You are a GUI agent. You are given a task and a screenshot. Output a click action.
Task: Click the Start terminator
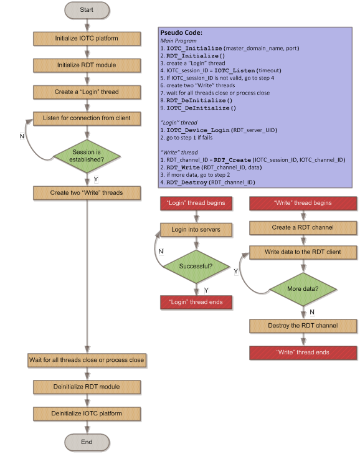[87, 10]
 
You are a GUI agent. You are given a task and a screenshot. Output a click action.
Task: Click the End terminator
[87, 442]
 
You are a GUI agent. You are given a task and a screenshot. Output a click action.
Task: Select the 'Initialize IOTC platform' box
[87, 39]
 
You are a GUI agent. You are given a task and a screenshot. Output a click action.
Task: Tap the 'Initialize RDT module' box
[87, 65]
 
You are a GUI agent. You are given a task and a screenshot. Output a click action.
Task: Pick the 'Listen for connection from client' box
[87, 118]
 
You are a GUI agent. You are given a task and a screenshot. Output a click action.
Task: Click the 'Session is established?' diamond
[87, 156]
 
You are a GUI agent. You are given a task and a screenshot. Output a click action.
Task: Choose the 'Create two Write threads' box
[87, 193]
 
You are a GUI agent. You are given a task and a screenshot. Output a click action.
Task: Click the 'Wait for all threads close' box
[87, 360]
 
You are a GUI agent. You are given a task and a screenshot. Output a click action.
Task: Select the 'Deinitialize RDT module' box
[87, 387]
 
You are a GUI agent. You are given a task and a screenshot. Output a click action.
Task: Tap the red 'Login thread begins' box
[196, 203]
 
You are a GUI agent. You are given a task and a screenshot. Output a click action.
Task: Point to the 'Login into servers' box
[196, 230]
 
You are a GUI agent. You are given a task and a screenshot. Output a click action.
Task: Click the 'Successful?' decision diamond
[196, 267]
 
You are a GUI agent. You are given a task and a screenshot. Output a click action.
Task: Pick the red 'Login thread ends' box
[196, 302]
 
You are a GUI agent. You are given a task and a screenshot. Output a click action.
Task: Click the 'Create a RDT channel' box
[303, 228]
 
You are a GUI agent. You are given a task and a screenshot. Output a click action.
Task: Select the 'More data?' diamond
[303, 289]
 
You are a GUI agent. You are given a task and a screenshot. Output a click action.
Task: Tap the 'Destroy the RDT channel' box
[303, 326]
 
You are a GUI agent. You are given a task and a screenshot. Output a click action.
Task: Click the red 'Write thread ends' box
[303, 352]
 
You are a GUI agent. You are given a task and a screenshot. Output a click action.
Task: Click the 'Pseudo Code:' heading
[181, 33]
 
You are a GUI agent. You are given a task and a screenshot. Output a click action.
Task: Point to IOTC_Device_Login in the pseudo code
[198, 130]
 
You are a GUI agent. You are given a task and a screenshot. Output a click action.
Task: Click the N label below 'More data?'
[312, 312]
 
